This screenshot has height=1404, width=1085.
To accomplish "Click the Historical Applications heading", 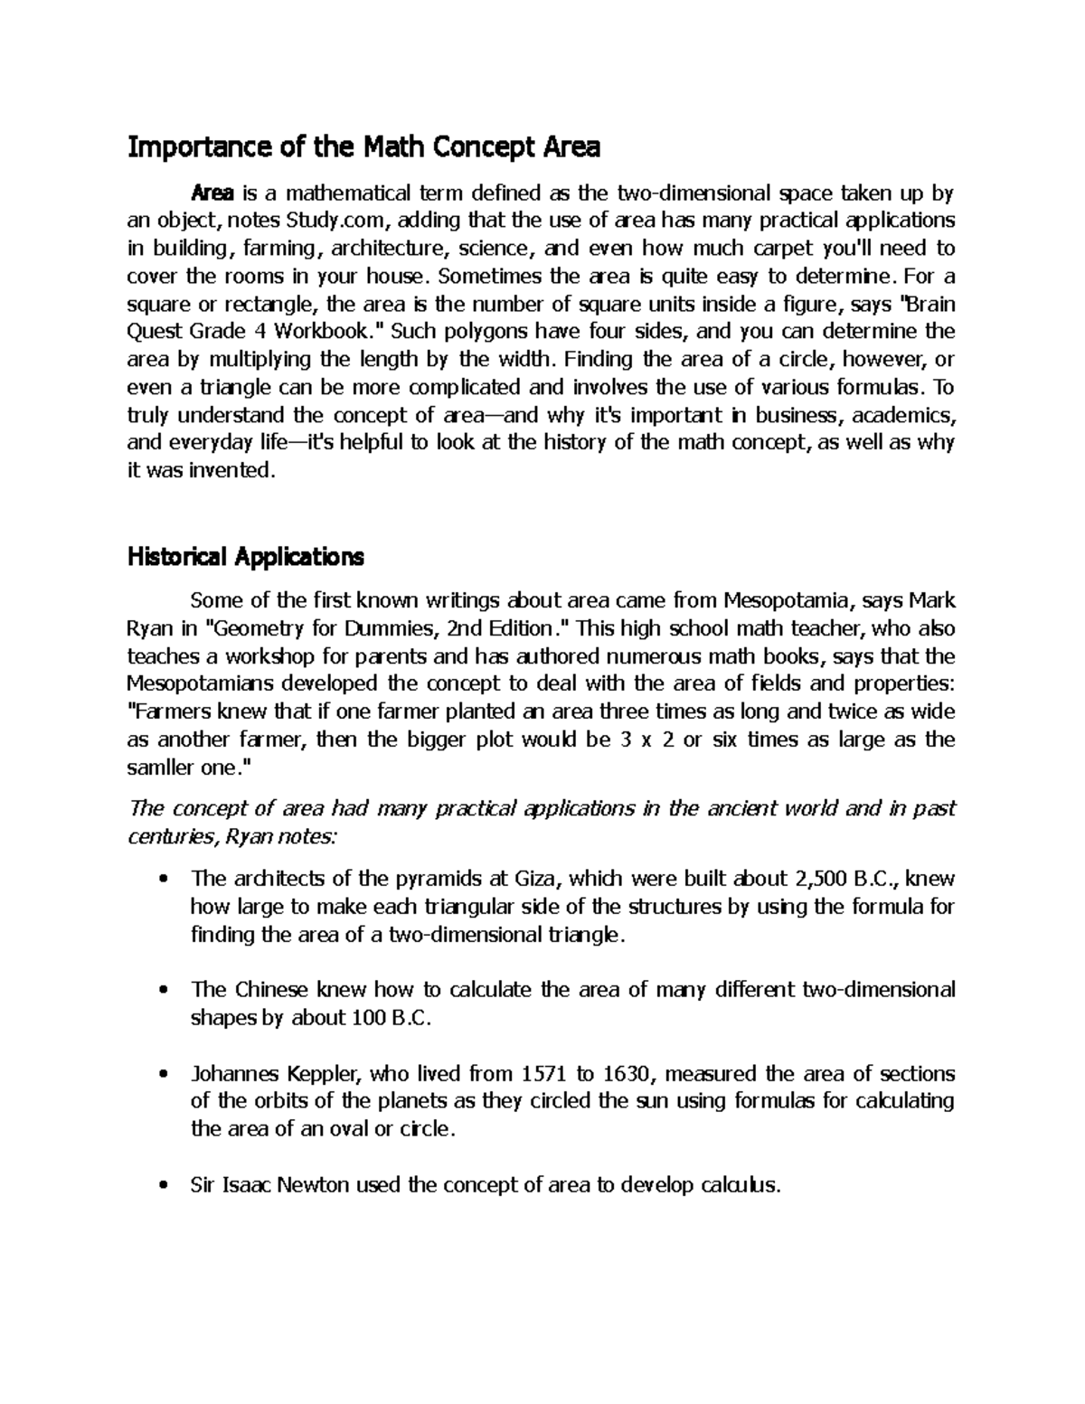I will pos(245,557).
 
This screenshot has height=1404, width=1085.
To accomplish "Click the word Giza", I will pos(538,879).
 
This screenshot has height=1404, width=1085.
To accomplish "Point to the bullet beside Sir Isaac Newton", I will pos(163,1186).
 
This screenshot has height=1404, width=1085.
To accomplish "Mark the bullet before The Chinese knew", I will pos(163,991).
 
